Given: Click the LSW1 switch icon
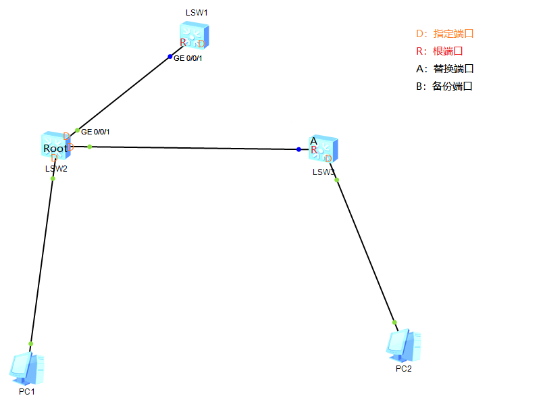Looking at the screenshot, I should [x=194, y=36].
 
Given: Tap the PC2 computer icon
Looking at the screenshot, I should [x=404, y=345].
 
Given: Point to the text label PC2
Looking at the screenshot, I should [x=404, y=369].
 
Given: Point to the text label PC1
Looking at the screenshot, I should [x=27, y=392].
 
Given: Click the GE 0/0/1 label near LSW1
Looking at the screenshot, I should [x=188, y=59].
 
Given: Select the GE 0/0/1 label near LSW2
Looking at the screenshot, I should [x=95, y=132].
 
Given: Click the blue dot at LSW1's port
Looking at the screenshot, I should [x=170, y=56].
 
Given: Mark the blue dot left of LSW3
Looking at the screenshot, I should [x=299, y=149].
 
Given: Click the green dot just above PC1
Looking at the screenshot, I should [x=31, y=343].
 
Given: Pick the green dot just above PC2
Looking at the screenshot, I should [x=395, y=322].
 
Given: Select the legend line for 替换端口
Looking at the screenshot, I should [x=445, y=68].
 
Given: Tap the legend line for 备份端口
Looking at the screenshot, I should [x=444, y=86].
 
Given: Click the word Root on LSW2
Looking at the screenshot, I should [x=55, y=149].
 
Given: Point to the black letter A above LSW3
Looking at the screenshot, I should [x=313, y=141].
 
